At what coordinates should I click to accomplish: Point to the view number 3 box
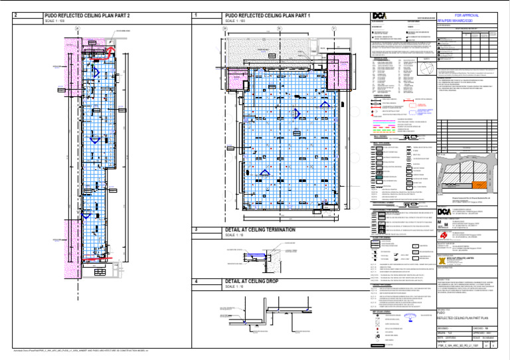[x=194, y=230]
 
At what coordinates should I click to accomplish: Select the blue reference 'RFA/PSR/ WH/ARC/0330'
[x=463, y=21]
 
